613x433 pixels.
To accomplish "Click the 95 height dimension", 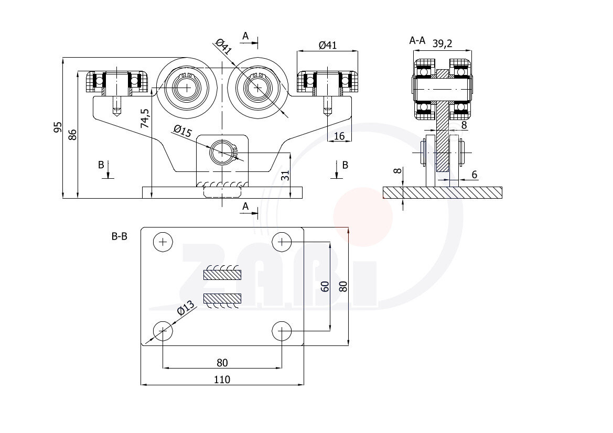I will click(58, 127).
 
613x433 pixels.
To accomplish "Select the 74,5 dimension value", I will click(145, 118).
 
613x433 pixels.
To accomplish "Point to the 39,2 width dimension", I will click(442, 44).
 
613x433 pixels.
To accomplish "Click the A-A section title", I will click(417, 40).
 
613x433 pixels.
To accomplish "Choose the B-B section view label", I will click(120, 236).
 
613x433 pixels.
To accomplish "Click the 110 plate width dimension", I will click(222, 379).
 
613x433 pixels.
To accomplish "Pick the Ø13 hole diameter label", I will click(186, 308).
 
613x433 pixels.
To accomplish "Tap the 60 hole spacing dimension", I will click(325, 286).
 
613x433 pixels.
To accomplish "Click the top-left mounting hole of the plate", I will click(163, 242).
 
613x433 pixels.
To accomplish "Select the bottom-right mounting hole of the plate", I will click(283, 331).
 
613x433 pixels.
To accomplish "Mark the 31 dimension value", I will click(285, 176).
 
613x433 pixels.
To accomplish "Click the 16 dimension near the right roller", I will click(339, 136).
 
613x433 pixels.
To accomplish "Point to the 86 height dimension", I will click(73, 134).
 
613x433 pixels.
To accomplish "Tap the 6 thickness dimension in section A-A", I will click(474, 175).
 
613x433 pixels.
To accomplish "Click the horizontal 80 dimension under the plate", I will click(222, 362).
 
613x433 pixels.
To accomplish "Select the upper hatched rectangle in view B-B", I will click(222, 274).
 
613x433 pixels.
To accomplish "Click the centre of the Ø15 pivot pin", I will click(222, 153).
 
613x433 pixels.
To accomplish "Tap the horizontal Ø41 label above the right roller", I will click(327, 45).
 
